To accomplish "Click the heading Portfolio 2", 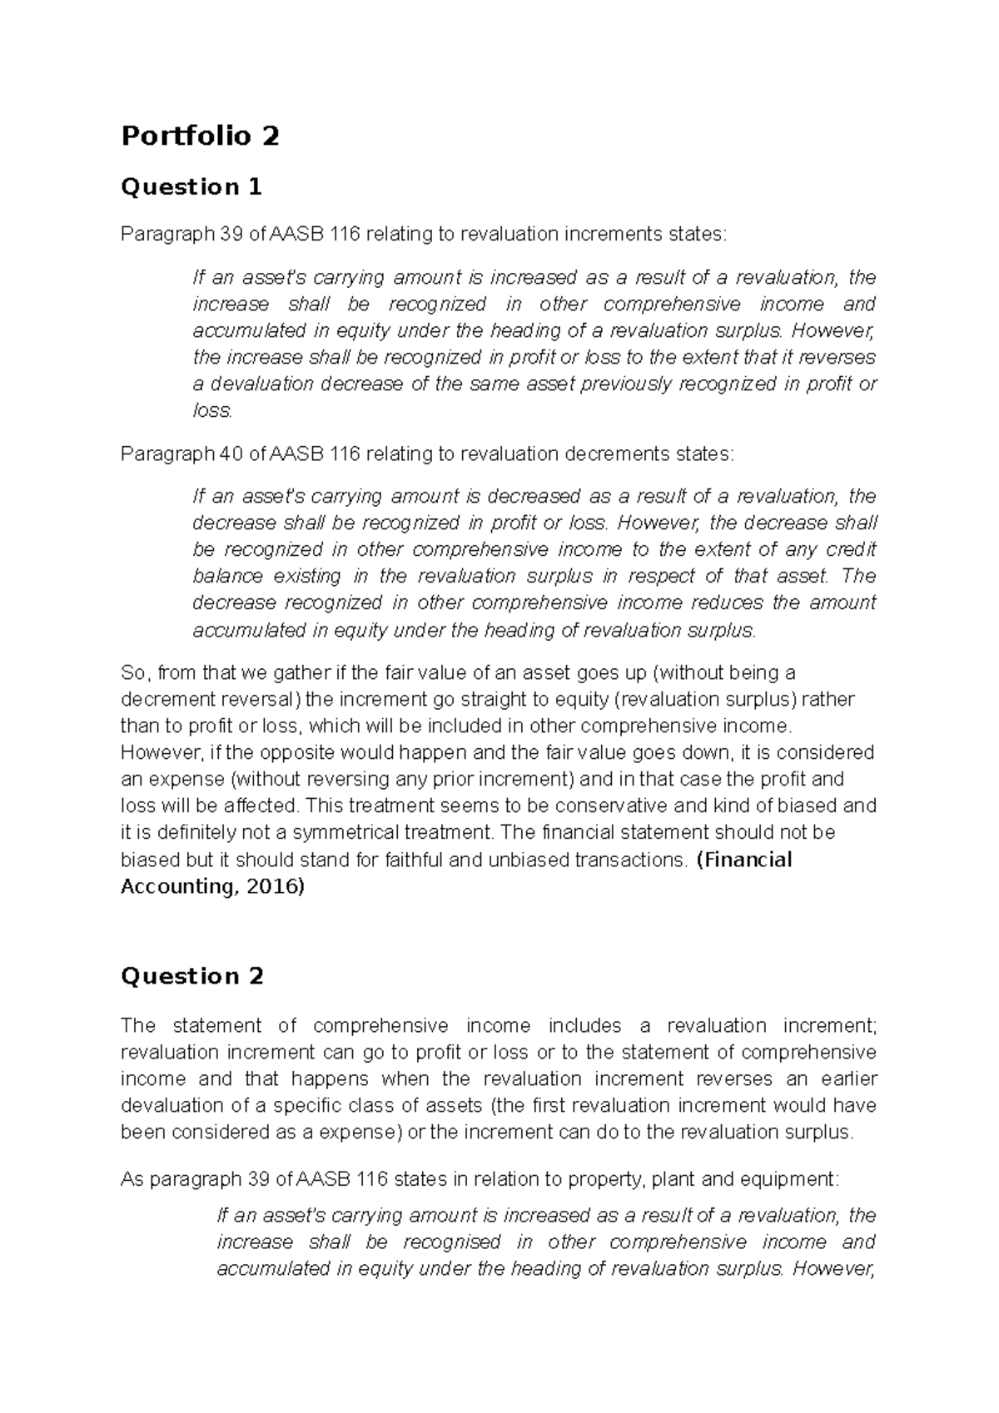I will pos(200,136).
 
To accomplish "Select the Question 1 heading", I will pos(191,187).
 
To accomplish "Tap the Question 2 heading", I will pos(192,976).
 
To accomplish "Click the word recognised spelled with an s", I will pos(452,1242).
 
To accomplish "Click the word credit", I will pos(852,550).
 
